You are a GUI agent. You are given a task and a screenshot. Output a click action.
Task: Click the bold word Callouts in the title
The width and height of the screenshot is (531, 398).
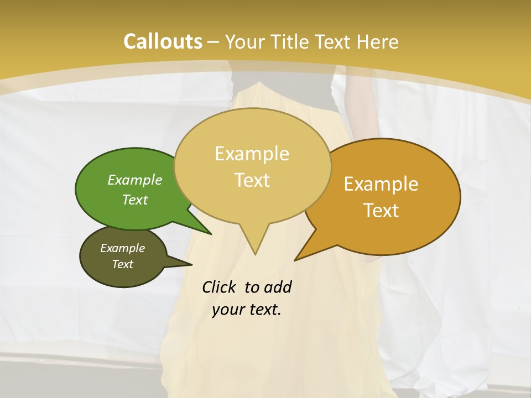(x=163, y=41)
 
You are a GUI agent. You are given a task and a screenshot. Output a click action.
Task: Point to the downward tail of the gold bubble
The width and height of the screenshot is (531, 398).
(x=254, y=243)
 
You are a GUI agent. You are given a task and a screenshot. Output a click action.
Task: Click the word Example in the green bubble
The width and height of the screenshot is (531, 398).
(x=135, y=180)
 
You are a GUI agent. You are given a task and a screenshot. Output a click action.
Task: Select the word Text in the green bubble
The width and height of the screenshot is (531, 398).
(x=135, y=200)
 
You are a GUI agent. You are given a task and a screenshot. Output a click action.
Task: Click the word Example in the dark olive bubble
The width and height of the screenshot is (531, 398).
(x=122, y=248)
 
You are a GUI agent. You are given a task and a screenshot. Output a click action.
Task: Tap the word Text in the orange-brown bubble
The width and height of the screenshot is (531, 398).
(x=382, y=211)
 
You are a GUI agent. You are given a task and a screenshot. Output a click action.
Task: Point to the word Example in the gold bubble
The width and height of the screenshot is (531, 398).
(x=252, y=154)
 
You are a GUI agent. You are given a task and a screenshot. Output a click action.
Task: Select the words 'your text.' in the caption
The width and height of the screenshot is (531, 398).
(x=246, y=310)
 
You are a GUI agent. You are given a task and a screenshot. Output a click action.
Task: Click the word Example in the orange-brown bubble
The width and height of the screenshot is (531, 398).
(x=381, y=184)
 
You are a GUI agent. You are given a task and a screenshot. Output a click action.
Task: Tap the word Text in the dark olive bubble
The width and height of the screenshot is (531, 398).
(x=122, y=264)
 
